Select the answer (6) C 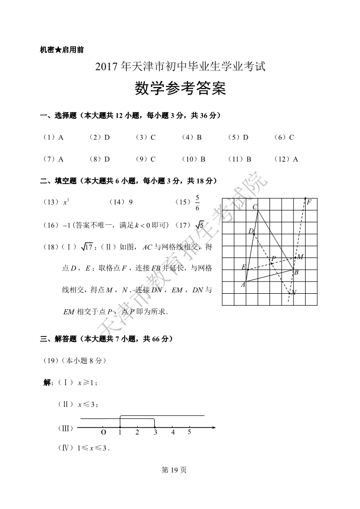click(284, 137)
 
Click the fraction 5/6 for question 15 click(197, 202)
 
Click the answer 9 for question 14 click(131, 202)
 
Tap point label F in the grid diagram click(309, 203)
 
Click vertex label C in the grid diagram click(255, 207)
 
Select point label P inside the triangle click(273, 259)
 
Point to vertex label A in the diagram click(243, 285)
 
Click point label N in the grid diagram click(294, 292)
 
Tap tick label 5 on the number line click(190, 432)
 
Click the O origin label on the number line click(103, 432)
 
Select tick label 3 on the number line click(155, 432)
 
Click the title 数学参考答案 click(181, 89)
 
